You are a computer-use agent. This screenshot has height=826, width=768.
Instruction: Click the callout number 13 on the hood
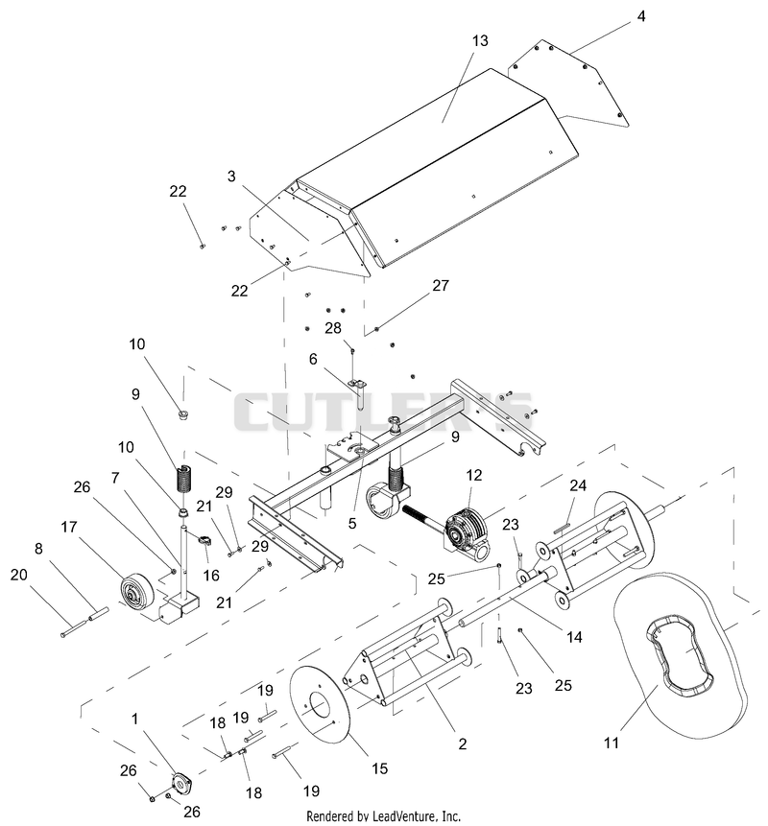click(480, 40)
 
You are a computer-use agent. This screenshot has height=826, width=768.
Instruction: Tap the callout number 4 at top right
click(641, 16)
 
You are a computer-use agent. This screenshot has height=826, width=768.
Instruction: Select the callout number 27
click(440, 285)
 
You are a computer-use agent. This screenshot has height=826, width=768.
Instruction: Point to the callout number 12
click(474, 475)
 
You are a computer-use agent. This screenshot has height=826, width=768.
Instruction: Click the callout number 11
click(611, 743)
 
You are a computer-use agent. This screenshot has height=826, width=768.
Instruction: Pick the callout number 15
click(379, 768)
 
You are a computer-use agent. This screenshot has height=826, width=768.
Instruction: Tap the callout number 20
click(18, 575)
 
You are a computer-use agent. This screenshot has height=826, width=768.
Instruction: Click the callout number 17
click(69, 527)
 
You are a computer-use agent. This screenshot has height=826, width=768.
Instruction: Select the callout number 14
click(574, 637)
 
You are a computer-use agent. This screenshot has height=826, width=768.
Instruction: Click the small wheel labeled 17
click(136, 595)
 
